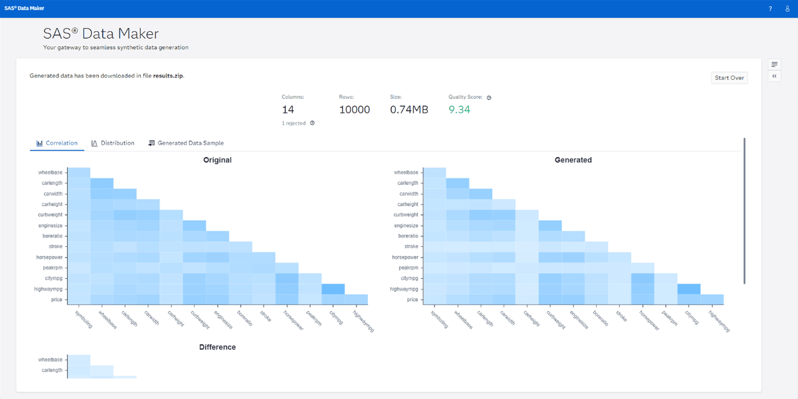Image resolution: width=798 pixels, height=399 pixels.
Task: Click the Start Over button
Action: pos(729,78)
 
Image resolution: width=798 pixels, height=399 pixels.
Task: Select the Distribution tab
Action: pos(113,143)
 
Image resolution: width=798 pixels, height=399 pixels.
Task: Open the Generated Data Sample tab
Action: pos(186,143)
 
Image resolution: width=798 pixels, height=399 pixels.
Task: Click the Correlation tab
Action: pos(57,143)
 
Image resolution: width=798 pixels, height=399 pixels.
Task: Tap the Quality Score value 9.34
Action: pos(459,110)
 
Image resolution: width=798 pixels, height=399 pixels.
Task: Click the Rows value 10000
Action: pos(354,110)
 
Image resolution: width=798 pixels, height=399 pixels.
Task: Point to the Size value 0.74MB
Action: pos(409,110)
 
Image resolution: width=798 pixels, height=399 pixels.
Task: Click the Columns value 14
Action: pos(288,110)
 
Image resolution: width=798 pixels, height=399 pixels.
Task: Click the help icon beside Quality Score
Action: pos(489,98)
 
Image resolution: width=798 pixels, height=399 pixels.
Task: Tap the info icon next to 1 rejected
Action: pos(312,123)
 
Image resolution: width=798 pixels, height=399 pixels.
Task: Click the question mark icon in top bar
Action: pos(770,9)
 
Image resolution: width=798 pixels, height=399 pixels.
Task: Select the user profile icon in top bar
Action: pos(787,9)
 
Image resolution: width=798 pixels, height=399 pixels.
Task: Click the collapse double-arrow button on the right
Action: pos(774,76)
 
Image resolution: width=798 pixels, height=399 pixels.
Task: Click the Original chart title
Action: pos(217,160)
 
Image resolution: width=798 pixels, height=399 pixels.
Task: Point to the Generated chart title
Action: pos(573,160)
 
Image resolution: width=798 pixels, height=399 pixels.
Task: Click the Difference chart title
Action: pos(217,347)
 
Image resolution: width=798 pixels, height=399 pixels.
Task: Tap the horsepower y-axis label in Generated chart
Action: pos(405,257)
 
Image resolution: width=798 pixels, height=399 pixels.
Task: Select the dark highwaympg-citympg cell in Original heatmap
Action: pos(333,289)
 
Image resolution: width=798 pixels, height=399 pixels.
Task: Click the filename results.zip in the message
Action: pos(168,76)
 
